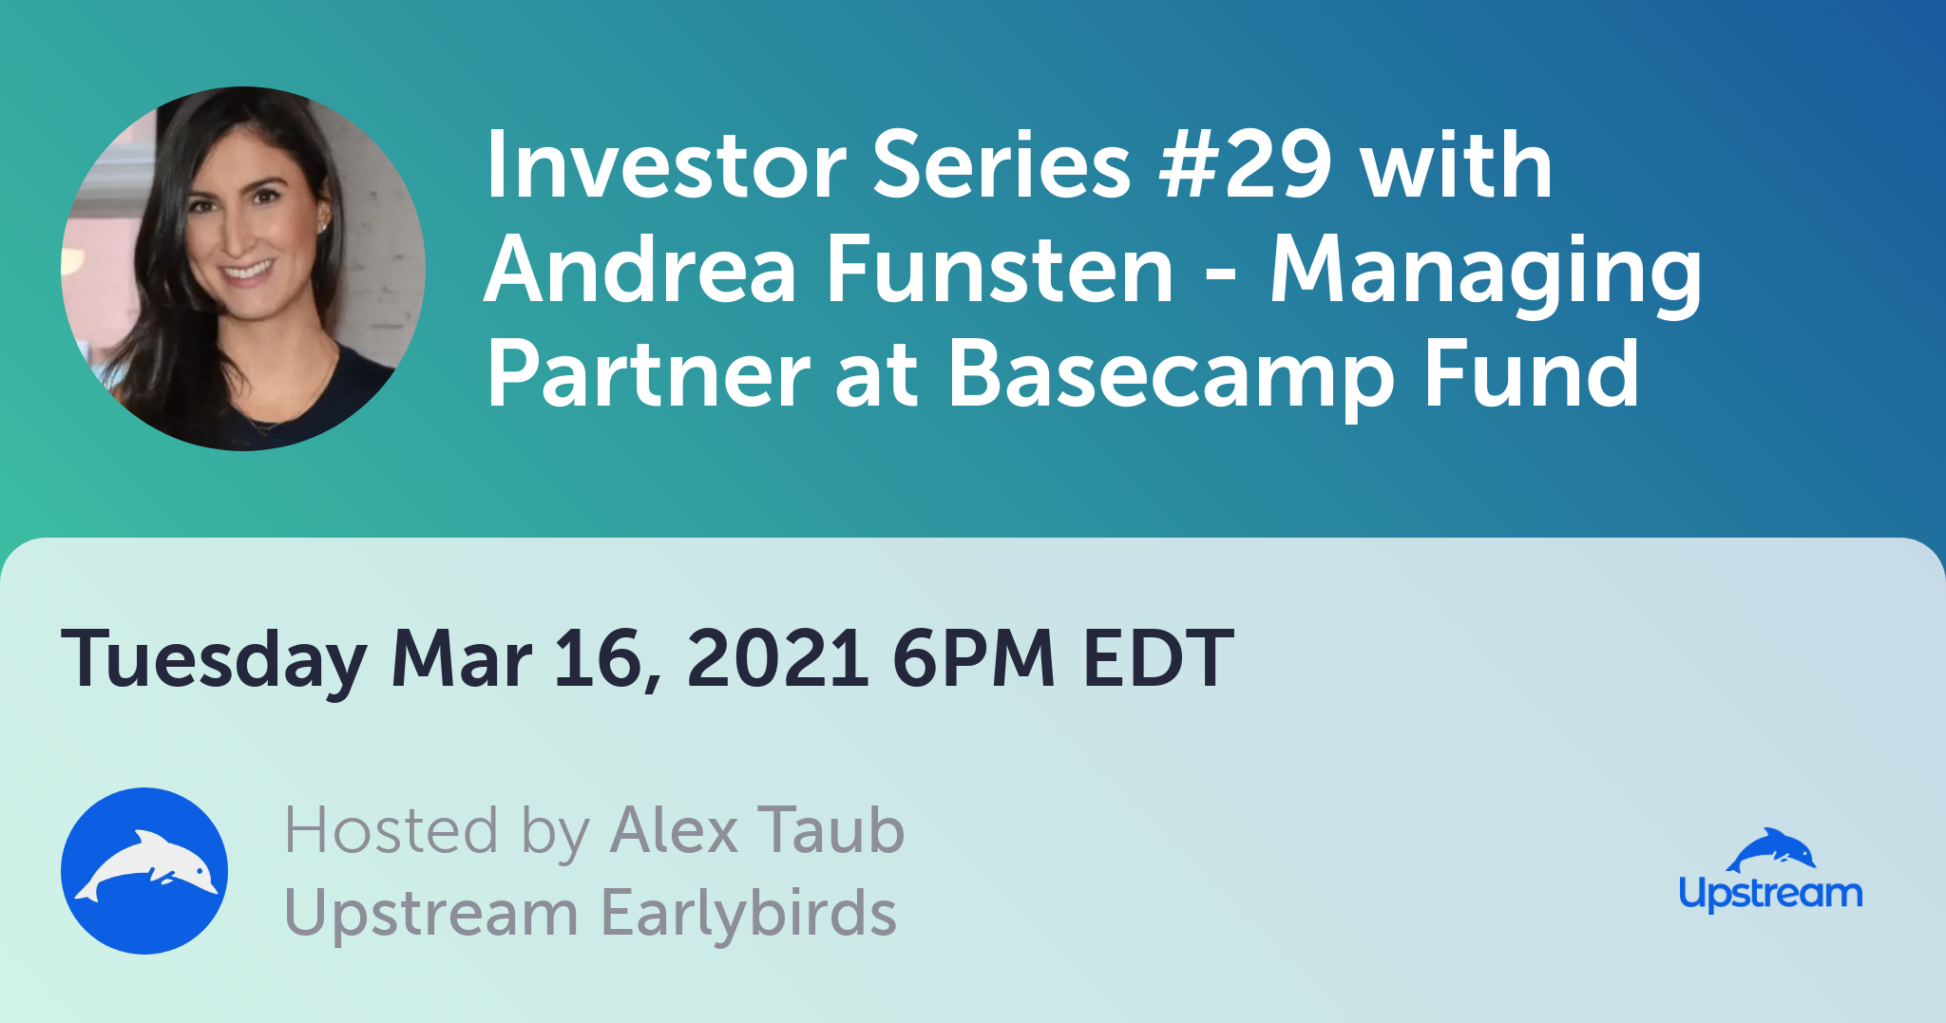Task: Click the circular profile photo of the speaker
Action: [243, 269]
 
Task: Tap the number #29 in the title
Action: [1246, 165]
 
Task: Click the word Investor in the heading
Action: [666, 165]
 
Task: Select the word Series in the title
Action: [1002, 165]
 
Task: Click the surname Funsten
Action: [1000, 270]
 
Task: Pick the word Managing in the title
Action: [1486, 275]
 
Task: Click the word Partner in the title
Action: [649, 374]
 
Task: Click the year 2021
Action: [777, 657]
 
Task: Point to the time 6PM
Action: [974, 657]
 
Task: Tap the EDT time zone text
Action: [1158, 657]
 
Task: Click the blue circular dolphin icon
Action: [144, 871]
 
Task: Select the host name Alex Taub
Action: [757, 830]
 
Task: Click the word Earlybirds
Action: [749, 913]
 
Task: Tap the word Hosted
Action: [391, 830]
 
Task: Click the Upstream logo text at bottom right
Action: [1770, 894]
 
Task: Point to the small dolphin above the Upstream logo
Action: [1771, 849]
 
